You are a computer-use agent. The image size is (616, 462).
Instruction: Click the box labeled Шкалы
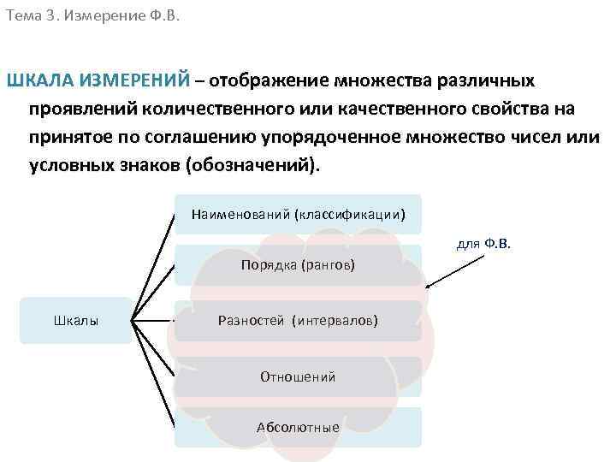76,321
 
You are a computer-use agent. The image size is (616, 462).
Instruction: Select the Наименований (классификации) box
298,214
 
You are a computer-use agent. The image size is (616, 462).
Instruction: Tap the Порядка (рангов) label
298,265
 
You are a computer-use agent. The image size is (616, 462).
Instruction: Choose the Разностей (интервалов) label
298,321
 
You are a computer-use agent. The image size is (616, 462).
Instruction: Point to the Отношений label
298,376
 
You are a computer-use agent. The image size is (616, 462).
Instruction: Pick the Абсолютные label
298,428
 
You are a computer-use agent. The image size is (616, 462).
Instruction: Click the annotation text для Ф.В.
483,244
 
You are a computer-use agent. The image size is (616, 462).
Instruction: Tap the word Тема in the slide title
23,15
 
